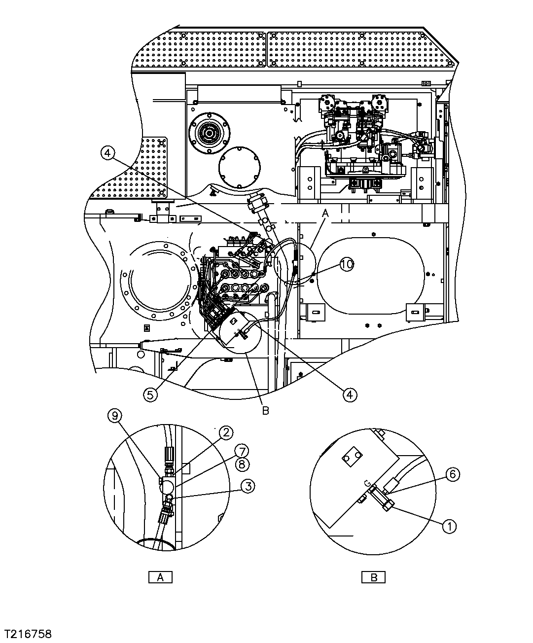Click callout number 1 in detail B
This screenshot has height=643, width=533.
449,527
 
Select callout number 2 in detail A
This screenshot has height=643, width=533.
225,433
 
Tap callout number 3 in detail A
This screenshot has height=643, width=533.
248,486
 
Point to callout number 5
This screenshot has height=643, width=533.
151,394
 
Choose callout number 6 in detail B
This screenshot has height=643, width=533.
453,474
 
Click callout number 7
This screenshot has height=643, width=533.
241,451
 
